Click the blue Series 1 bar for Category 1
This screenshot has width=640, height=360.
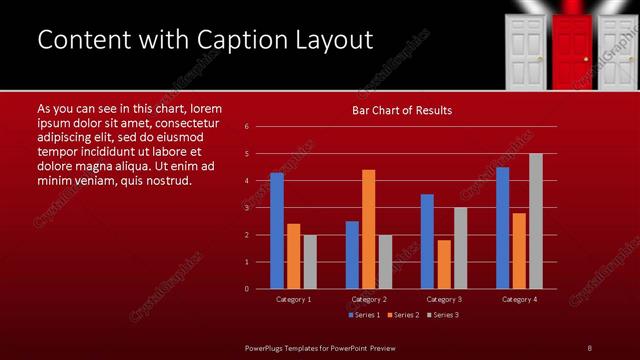coord(276,231)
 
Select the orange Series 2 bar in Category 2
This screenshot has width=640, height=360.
coord(368,229)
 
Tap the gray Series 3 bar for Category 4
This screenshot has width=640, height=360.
coord(535,221)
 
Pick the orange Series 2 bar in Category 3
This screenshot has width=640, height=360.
coord(444,264)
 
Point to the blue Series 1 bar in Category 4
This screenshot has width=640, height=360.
coord(502,228)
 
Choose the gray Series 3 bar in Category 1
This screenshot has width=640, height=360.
coord(309,262)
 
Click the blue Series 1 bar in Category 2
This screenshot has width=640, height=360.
coord(352,255)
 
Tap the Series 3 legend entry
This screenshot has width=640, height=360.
coord(443,315)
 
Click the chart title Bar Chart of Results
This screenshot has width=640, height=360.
coord(402,110)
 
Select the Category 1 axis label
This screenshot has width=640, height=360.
coord(293,299)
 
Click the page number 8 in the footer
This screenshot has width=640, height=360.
coord(589,347)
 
